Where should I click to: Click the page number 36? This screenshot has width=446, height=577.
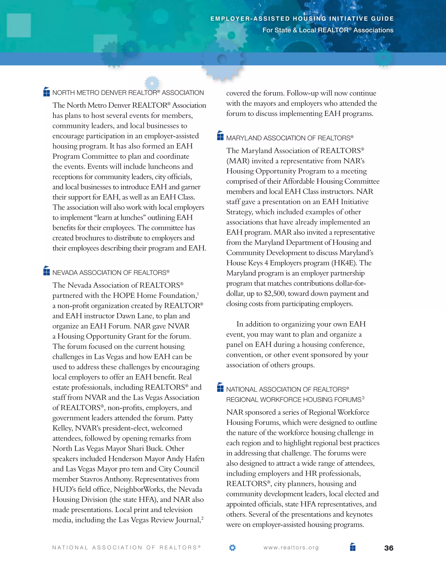click(x=389, y=548)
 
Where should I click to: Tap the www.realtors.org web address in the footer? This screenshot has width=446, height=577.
click(x=291, y=548)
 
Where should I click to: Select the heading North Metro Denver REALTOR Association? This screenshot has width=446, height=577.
click(x=128, y=93)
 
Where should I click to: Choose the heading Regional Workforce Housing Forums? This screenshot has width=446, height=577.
click(x=294, y=400)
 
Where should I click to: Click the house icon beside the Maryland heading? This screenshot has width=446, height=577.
click(x=220, y=136)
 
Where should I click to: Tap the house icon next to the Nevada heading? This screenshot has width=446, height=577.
click(x=47, y=271)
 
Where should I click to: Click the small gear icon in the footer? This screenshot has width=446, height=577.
click(x=232, y=548)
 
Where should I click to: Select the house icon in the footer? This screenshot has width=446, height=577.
click(x=353, y=547)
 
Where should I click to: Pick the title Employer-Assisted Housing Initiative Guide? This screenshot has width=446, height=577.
click(x=302, y=19)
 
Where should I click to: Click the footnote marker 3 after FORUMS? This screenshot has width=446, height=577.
click(x=363, y=398)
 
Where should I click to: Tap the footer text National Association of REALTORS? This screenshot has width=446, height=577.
click(x=126, y=548)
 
